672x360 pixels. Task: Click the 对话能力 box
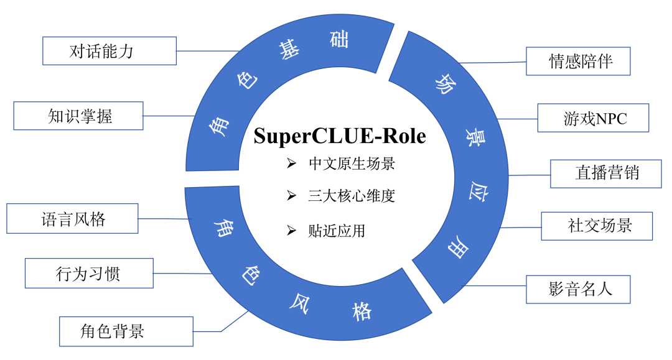point(109,50)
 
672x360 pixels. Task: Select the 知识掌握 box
point(78,116)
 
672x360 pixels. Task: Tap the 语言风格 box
point(72,218)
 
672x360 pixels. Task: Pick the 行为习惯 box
point(88,273)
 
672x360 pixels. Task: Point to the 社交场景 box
point(596,226)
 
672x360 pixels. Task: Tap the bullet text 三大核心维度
point(352,196)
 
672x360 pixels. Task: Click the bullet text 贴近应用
point(336,231)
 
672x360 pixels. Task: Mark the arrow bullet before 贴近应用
point(291,231)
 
